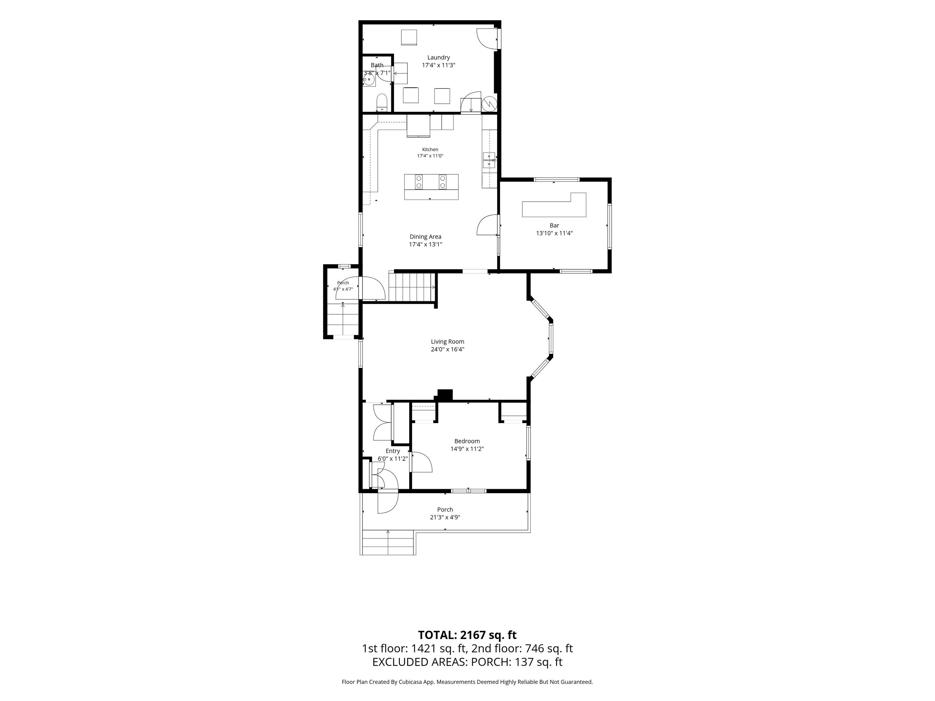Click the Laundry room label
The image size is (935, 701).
pos(438,57)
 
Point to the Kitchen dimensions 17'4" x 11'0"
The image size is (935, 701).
pos(430,156)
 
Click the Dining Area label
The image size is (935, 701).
pos(425,236)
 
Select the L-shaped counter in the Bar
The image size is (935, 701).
pos(554,206)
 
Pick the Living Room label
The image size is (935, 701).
pos(447,341)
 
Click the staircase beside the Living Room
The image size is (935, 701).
pos(412,287)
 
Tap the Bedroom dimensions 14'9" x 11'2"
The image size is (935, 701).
pos(467,449)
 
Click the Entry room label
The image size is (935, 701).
pos(393,451)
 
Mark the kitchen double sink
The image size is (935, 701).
pos(489,160)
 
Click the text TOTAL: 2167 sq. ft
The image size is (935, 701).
pos(467,635)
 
